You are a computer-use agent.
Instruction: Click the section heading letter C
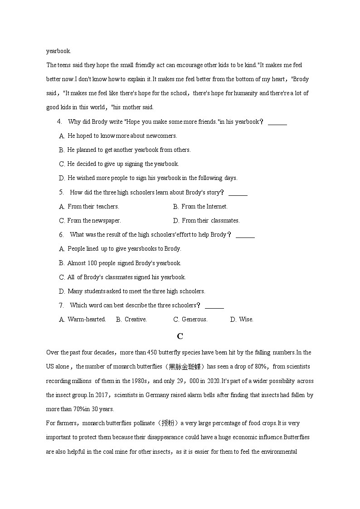click(x=180, y=336)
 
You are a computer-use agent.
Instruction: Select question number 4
click(x=59, y=121)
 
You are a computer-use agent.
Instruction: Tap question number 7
click(x=61, y=305)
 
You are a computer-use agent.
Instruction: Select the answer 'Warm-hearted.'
click(x=87, y=319)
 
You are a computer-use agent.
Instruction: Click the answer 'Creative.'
click(x=136, y=319)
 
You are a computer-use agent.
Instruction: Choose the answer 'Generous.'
click(x=195, y=319)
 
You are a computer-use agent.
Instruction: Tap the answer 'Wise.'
click(x=246, y=319)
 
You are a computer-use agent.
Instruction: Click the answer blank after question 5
click(x=238, y=193)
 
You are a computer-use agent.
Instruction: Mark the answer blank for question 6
click(x=245, y=235)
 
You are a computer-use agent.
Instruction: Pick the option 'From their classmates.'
click(x=210, y=220)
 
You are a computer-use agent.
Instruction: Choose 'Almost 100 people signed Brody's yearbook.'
click(x=124, y=263)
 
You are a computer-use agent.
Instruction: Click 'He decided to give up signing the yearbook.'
click(x=123, y=164)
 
